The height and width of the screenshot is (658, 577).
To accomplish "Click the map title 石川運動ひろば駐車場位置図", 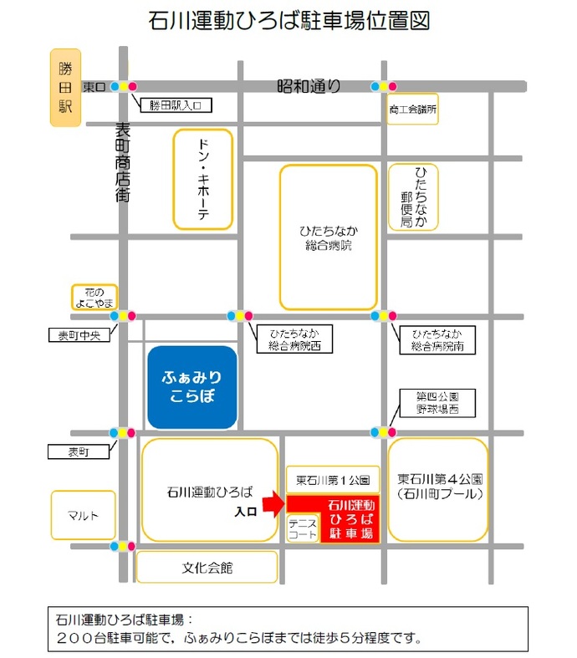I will tap(288, 22).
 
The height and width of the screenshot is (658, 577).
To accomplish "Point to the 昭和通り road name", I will tap(309, 84).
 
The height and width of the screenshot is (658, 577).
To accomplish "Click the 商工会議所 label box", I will tap(413, 109).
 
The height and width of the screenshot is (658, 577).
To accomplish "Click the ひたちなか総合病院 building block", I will tap(328, 237).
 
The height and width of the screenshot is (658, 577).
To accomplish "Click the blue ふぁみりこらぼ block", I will tap(192, 387).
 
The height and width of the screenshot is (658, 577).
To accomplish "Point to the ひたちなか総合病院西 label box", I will tap(288, 339).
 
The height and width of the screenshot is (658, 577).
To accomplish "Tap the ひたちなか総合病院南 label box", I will tap(437, 339).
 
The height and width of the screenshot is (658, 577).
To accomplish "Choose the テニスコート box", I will tap(301, 528).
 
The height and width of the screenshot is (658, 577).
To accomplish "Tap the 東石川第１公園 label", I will tap(333, 480).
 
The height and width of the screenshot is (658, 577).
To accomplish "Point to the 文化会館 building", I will tap(207, 567).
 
